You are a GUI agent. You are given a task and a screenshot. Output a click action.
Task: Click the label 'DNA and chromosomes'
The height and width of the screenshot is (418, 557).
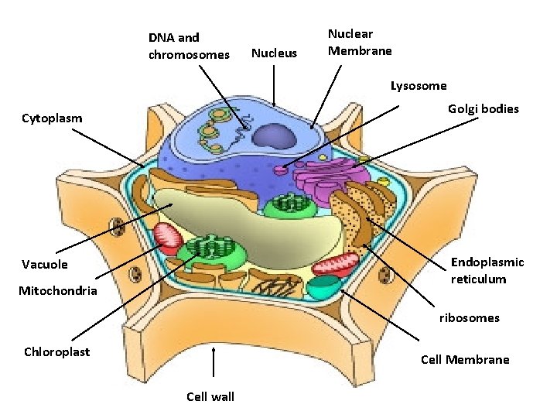[x=189, y=46]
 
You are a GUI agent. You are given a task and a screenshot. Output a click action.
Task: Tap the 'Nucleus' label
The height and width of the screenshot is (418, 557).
[x=275, y=53]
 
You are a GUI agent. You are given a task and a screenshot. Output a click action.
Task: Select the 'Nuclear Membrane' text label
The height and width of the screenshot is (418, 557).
[x=360, y=43]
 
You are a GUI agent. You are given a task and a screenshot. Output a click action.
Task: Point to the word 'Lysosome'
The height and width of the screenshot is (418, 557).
[x=419, y=86]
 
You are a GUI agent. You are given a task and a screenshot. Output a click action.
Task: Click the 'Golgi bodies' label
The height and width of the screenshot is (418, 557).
[x=484, y=109]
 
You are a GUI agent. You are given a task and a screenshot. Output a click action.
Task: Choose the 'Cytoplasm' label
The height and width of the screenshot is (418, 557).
[x=52, y=118]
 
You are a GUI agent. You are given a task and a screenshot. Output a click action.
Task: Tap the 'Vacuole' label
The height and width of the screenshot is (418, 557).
[x=45, y=265]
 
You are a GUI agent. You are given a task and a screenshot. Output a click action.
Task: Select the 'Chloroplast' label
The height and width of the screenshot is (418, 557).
[x=56, y=352]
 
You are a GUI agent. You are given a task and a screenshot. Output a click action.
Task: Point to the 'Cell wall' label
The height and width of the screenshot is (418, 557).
[x=210, y=397]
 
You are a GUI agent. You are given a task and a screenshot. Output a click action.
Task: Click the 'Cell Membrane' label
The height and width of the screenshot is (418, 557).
[x=465, y=359]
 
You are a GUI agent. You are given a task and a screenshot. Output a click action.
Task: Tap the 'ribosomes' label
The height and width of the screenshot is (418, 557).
[x=470, y=318]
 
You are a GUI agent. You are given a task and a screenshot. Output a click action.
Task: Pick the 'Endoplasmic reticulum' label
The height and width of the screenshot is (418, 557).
[x=487, y=271]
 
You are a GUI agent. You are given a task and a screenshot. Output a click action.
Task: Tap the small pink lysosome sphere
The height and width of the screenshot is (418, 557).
[x=280, y=169]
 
